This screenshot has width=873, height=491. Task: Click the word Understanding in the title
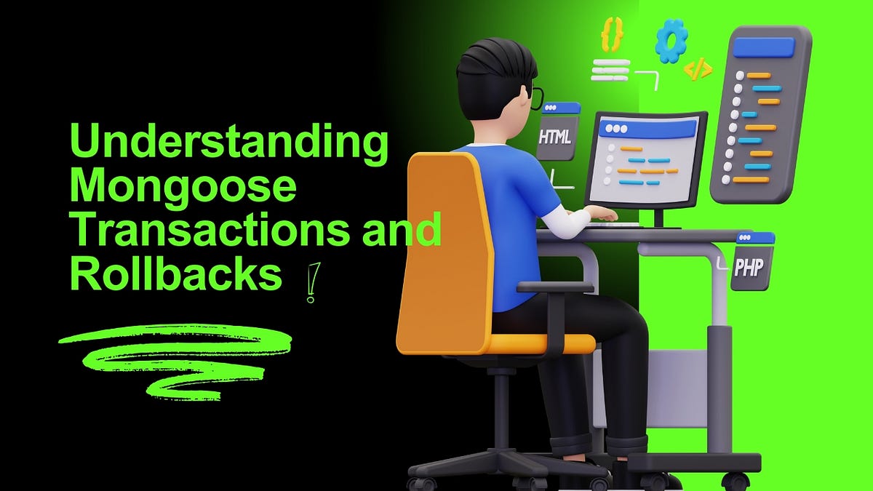228,143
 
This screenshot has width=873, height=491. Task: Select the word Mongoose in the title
183,188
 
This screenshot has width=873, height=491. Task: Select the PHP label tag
749,266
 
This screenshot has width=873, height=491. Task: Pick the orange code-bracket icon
698,69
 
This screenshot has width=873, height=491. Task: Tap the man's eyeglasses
535,97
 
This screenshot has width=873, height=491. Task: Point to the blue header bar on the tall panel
770,47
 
